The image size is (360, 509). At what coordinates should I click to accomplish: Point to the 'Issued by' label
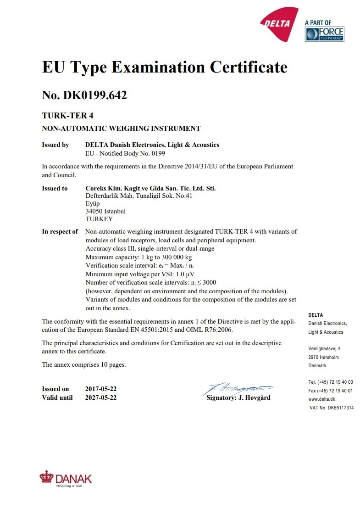tap(55, 145)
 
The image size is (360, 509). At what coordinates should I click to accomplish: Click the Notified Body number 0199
tap(157, 153)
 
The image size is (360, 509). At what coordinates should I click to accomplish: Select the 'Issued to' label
tap(55, 188)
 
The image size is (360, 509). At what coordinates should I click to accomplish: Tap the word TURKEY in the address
tap(99, 219)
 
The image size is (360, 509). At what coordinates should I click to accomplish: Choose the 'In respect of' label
tap(60, 231)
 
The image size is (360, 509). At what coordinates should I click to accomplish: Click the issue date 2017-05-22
tap(101, 389)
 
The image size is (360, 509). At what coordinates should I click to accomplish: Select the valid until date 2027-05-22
tap(101, 397)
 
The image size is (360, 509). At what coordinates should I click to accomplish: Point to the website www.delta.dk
tap(321, 399)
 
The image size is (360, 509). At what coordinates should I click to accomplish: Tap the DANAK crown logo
tap(46, 477)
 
